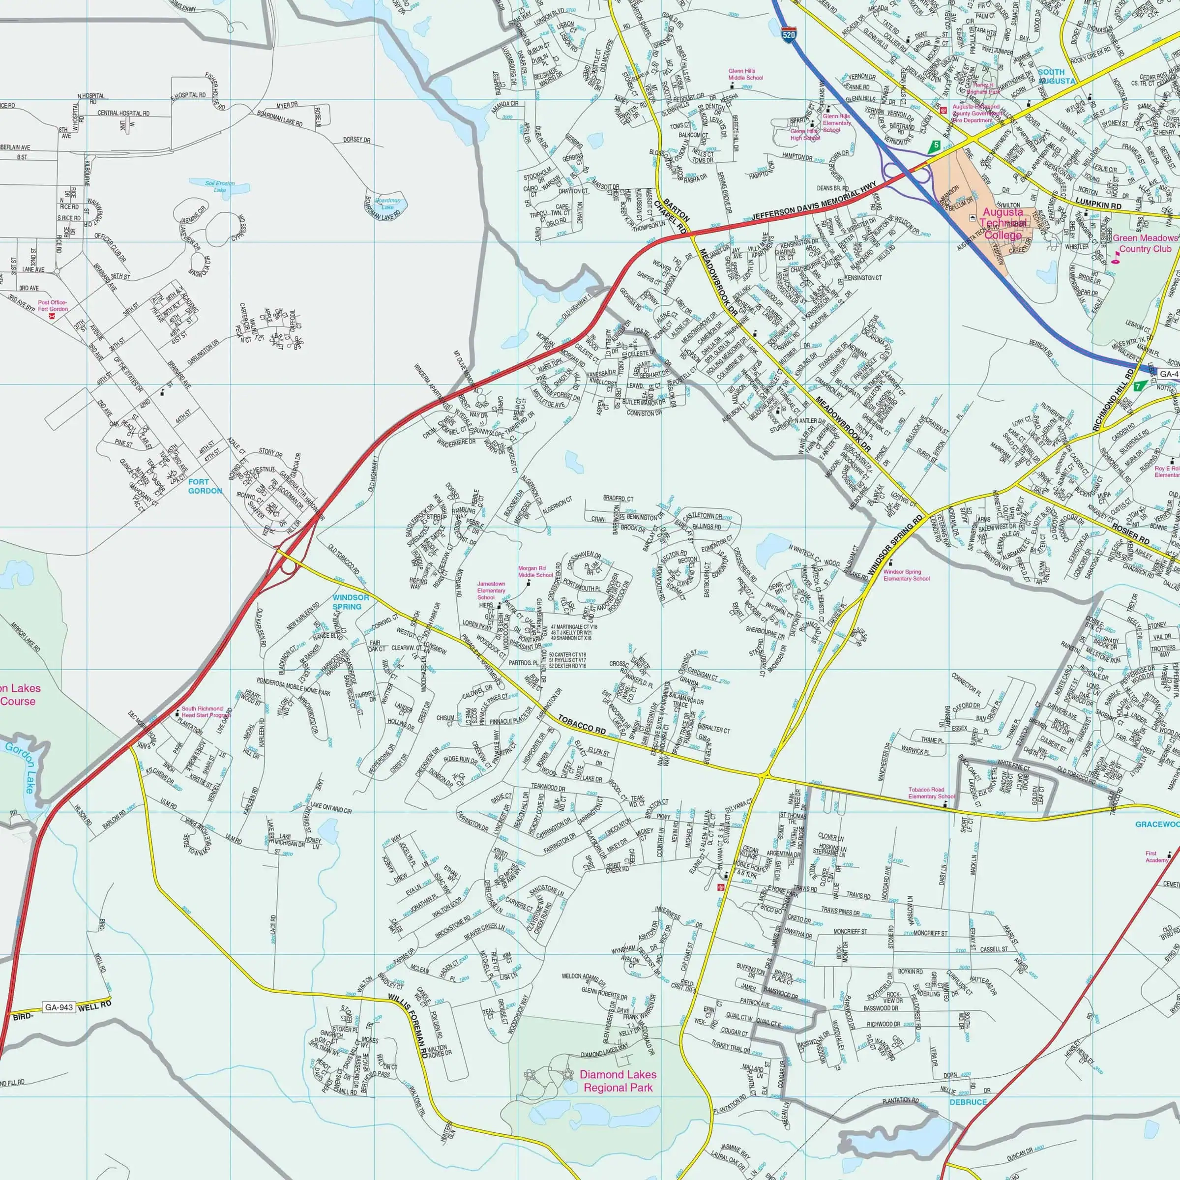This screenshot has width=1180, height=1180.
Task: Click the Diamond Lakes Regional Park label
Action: [618, 1081]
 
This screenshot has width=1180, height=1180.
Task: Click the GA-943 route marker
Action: [59, 1008]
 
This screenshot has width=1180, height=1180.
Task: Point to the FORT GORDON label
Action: [205, 486]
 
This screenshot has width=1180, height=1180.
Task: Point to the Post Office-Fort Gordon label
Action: [53, 306]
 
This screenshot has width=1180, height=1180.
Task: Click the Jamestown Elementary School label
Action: [491, 590]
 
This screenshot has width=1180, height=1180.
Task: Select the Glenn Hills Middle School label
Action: [745, 75]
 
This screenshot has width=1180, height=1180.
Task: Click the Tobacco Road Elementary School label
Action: [931, 793]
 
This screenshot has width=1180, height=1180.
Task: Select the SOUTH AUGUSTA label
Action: [1056, 76]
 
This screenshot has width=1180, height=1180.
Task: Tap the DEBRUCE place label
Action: [968, 1085]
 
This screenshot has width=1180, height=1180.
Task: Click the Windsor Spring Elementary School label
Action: [906, 575]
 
